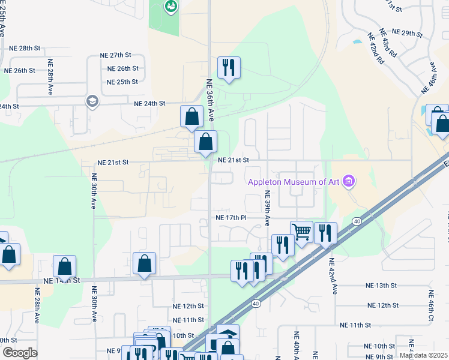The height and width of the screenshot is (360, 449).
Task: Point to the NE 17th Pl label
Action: coord(231,217)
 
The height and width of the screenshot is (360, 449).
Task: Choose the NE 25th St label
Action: coord(122,82)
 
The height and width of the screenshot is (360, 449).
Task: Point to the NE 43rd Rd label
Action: coord(391,46)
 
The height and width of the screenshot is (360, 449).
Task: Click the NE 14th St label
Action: coord(62,280)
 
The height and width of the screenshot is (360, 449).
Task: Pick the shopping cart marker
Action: coord(301,230)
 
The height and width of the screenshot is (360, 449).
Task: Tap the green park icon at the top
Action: coord(170,7)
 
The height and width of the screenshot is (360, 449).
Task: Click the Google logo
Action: coord(20,353)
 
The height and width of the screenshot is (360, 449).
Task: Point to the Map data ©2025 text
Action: coord(423,355)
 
